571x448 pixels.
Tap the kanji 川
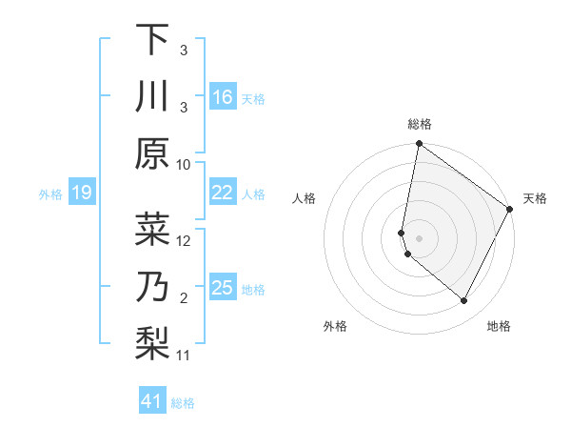152,97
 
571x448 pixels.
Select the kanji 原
152,153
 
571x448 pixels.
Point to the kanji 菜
152,230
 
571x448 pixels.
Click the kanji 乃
152,285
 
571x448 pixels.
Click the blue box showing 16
223,97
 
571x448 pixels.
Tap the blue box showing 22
223,193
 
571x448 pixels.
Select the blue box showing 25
223,288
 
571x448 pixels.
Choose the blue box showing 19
82,193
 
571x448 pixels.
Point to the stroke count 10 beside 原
184,164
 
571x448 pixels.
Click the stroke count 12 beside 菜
184,241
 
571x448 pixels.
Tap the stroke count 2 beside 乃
184,298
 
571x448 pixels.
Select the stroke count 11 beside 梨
184,355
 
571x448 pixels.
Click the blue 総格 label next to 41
183,403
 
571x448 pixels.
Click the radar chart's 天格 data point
510,209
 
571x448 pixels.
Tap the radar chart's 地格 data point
464,300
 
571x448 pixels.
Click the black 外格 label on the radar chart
336,327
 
